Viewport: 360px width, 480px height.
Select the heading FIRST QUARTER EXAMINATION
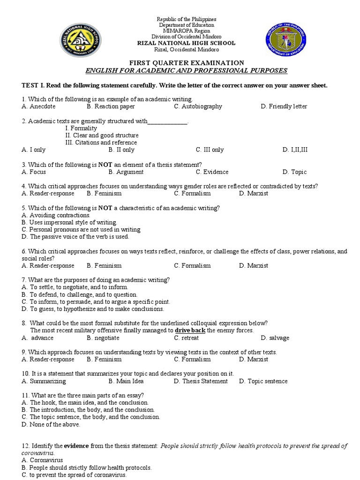186,63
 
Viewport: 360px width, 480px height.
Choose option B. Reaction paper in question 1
111,106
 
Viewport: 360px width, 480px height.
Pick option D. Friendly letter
284,106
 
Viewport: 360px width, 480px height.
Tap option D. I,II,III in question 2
295,150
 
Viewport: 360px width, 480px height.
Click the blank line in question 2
167,121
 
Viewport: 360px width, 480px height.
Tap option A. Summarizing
44,381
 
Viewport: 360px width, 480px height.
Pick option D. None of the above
51,424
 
